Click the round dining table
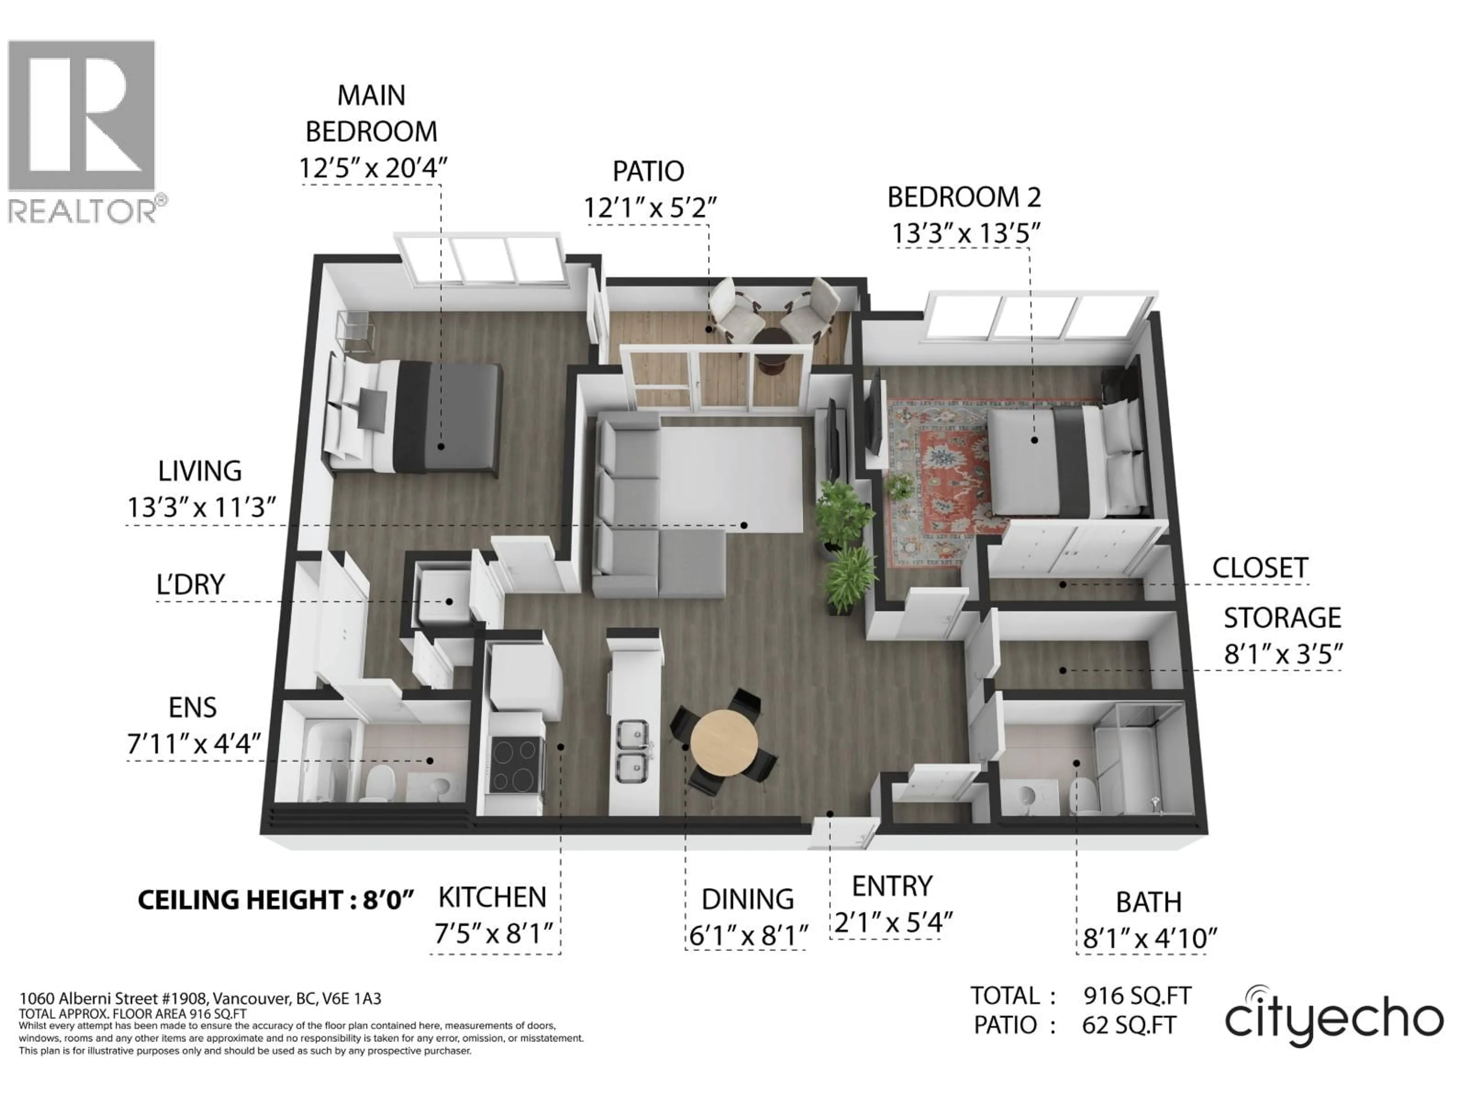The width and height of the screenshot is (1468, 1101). click(723, 743)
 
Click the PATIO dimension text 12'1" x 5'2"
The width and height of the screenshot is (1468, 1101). click(650, 208)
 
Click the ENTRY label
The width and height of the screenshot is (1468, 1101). click(892, 886)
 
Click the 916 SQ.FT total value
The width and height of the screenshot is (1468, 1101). click(1137, 995)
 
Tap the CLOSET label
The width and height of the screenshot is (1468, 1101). click(1260, 568)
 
